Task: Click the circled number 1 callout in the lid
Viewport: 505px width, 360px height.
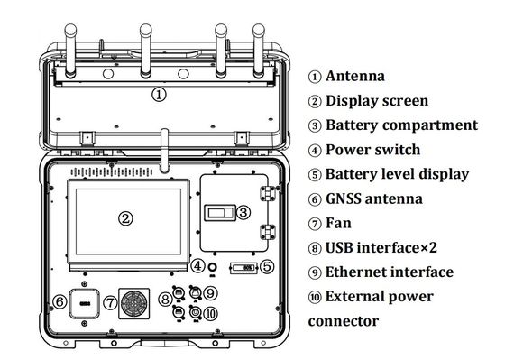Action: [x=159, y=95]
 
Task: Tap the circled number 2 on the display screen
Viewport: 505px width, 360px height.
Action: [x=125, y=218]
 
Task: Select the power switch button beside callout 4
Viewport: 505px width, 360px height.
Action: [x=212, y=267]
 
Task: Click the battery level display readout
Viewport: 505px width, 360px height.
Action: [x=243, y=268]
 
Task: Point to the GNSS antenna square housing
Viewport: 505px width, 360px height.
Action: [x=85, y=303]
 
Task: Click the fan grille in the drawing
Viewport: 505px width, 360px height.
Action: [x=134, y=303]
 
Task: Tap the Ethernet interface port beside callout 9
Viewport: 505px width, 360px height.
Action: [x=195, y=292]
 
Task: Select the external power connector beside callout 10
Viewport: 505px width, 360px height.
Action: [x=195, y=312]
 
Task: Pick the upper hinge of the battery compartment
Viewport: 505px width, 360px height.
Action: [x=268, y=193]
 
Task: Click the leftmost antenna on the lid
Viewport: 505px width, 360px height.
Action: [x=70, y=51]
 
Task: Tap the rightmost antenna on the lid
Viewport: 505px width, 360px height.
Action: [x=259, y=51]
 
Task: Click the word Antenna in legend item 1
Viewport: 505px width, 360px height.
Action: [x=355, y=76]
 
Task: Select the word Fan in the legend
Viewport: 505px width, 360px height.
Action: [x=338, y=223]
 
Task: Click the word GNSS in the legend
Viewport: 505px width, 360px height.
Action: [x=343, y=198]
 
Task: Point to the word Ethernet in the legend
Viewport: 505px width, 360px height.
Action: [x=355, y=272]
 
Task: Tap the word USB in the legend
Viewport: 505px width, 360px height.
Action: [x=339, y=247]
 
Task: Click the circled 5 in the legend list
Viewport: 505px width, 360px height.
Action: [x=315, y=175]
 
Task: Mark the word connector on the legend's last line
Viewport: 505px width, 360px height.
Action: [x=344, y=321]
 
